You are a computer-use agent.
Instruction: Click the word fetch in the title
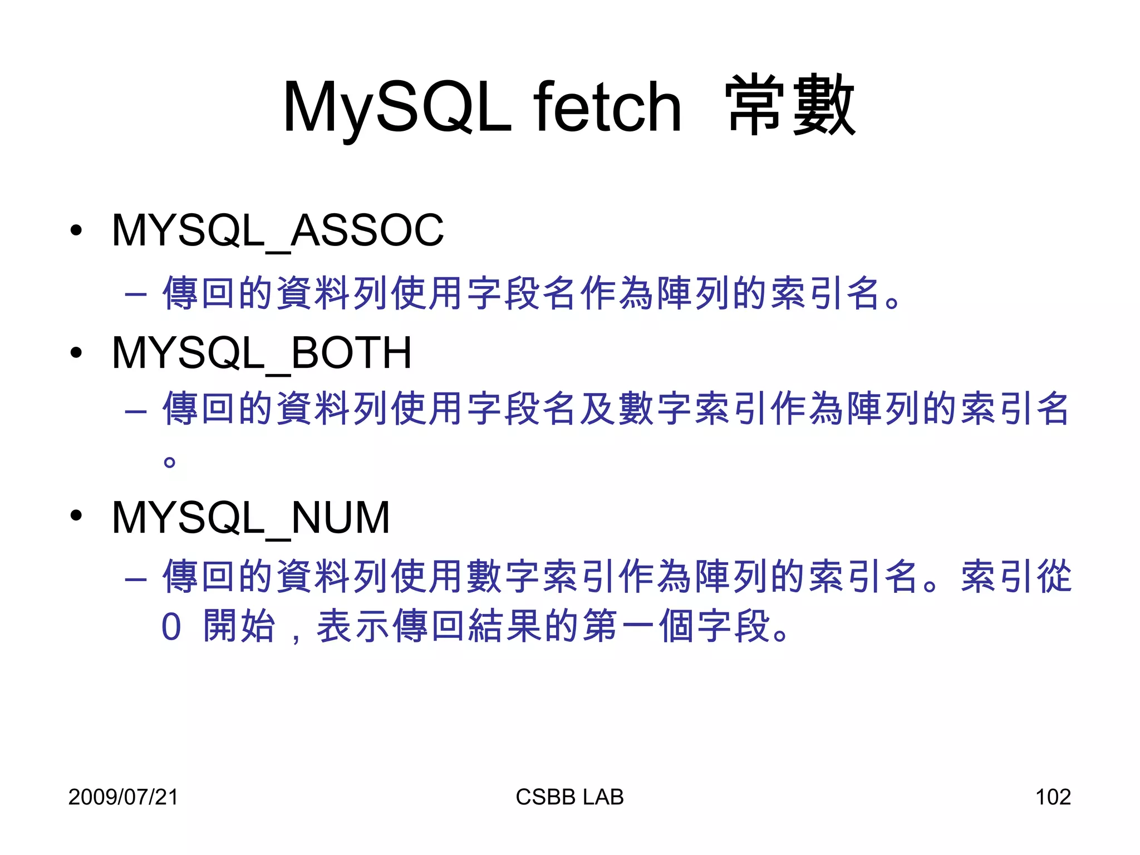click(x=607, y=107)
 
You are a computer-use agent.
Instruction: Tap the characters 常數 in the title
click(x=790, y=106)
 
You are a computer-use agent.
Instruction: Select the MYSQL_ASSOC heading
click(x=278, y=230)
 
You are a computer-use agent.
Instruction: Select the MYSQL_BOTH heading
click(x=262, y=353)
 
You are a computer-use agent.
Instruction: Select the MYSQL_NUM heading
click(x=250, y=518)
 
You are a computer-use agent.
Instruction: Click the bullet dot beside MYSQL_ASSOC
click(x=76, y=230)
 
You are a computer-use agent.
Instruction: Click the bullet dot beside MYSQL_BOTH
click(x=76, y=352)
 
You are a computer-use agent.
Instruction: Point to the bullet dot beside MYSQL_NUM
click(x=76, y=516)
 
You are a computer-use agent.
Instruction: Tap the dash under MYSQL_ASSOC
click(x=136, y=293)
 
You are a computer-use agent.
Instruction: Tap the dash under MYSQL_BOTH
click(x=136, y=411)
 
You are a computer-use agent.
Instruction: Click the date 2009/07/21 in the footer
click(x=123, y=797)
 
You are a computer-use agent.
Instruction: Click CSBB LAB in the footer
click(x=569, y=797)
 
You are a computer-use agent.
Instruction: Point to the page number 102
click(x=1053, y=797)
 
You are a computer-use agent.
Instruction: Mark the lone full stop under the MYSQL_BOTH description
click(x=170, y=462)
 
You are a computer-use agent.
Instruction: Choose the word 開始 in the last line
click(x=239, y=626)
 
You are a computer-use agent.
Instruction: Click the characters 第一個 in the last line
click(x=638, y=626)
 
